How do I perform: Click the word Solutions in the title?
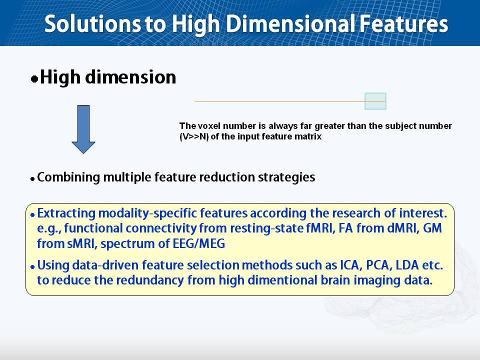pos(93,24)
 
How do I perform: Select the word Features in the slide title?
pos(404,24)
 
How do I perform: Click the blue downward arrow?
pos(83,129)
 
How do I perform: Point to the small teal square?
pos(375,101)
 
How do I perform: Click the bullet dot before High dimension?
pos(34,79)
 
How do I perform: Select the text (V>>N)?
pos(194,136)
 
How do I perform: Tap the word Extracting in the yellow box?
pos(66,213)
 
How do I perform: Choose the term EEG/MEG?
pos(199,243)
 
